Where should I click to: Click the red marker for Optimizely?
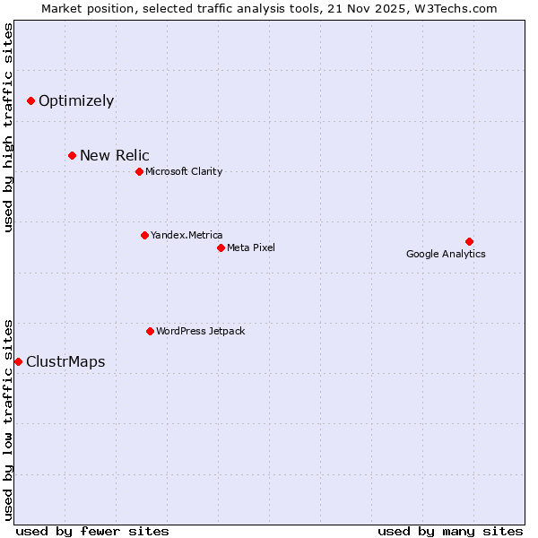(x=30, y=100)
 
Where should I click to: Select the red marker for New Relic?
(x=72, y=156)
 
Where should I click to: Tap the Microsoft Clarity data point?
(x=139, y=171)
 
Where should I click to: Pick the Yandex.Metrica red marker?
(x=144, y=235)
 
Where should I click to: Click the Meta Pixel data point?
(x=221, y=247)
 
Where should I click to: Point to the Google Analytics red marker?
(x=469, y=241)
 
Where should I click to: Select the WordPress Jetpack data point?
(x=150, y=331)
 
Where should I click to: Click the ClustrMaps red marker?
(x=18, y=361)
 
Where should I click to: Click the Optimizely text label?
(x=76, y=100)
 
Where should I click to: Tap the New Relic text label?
(x=115, y=156)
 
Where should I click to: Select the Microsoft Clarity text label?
(x=184, y=171)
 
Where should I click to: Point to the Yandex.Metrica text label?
(x=187, y=235)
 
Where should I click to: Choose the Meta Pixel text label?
(x=251, y=247)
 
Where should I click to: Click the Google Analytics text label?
(x=446, y=254)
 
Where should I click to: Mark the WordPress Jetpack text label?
(x=200, y=331)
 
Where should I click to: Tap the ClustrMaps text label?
(x=65, y=362)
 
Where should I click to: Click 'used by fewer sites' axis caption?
(x=92, y=531)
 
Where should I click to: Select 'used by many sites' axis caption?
(x=450, y=531)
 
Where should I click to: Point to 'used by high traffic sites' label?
(x=8, y=127)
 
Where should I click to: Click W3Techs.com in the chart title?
(x=455, y=9)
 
